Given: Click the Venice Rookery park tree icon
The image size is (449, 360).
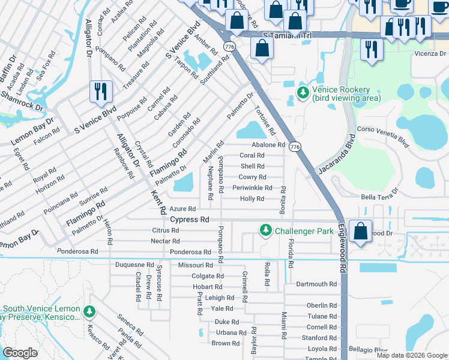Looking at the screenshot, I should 303,93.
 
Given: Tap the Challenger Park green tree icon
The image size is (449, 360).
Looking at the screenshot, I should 265,230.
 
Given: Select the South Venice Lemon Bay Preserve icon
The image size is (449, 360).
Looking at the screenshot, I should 89,311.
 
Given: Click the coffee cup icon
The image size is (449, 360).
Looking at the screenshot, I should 402,4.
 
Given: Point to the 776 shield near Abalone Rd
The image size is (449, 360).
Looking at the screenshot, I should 294,146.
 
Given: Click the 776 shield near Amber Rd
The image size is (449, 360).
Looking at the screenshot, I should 229,46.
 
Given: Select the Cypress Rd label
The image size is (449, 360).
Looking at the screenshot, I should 189,220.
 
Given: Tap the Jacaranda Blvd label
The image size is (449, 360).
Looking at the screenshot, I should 336,155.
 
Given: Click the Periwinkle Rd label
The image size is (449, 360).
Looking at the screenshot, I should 252,188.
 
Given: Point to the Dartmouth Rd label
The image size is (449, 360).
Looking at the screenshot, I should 316,284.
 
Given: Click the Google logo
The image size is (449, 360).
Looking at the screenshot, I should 20,353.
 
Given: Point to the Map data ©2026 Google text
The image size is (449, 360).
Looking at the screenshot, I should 411,355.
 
